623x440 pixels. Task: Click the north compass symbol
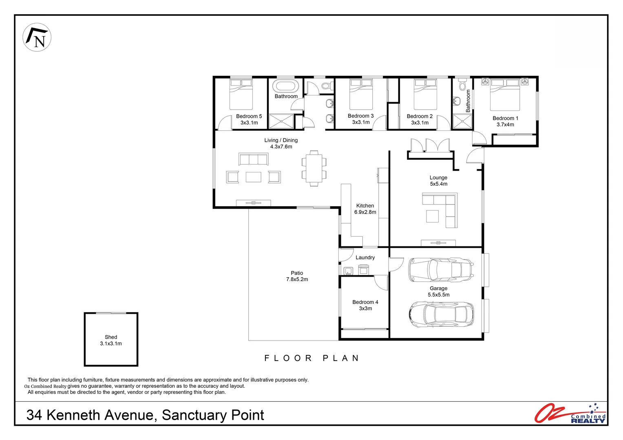coord(37,37)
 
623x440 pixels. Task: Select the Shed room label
coord(110,337)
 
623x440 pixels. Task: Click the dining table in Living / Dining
coord(314,168)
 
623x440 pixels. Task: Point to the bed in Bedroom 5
coord(241,94)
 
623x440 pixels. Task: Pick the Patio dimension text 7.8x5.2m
coord(297,279)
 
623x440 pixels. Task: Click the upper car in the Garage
coord(441,270)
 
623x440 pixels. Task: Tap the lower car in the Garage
coord(442,314)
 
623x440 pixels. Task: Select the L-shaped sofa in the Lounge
coord(440,210)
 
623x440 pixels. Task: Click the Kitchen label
coord(365,206)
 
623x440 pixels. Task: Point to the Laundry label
coord(365,257)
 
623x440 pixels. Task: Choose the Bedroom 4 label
coord(365,302)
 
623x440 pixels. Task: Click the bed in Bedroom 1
coord(505,95)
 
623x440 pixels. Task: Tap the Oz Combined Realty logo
coord(570,414)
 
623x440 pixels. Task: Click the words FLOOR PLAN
coord(312,358)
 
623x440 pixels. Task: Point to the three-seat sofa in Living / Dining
coord(253,159)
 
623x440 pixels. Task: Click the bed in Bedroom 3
coord(361,94)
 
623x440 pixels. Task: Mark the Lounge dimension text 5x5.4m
coord(439,184)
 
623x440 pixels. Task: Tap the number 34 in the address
coord(34,416)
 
